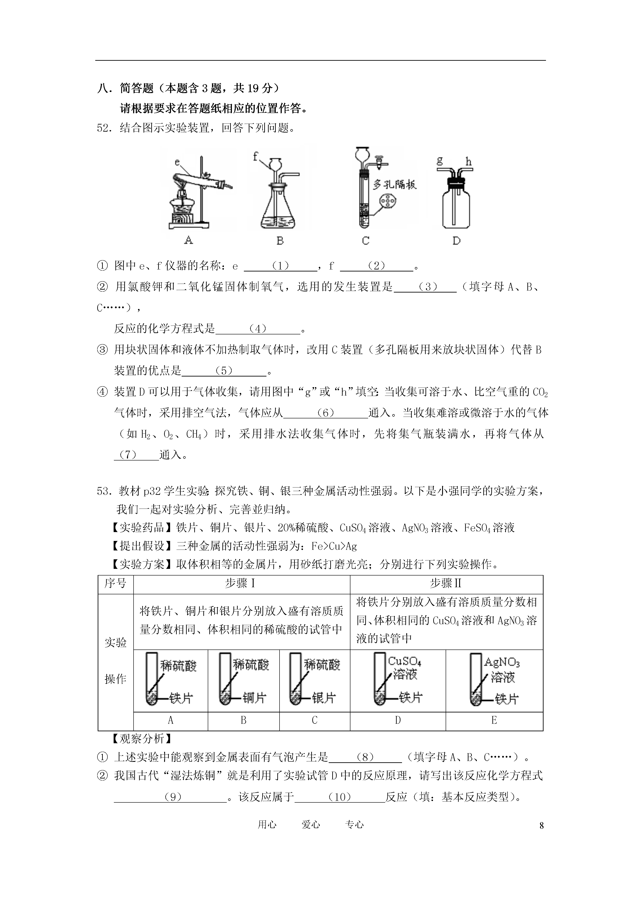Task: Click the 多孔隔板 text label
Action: (x=394, y=184)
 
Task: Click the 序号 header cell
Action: (x=115, y=583)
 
